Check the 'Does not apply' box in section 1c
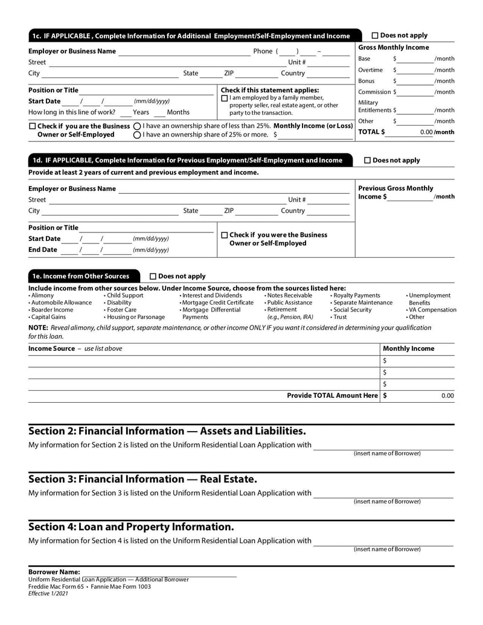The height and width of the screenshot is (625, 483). [375, 36]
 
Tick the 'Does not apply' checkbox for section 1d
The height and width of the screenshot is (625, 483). [368, 161]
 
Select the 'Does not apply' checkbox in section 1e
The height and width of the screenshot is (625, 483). [153, 277]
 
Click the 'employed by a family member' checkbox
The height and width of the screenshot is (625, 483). [225, 98]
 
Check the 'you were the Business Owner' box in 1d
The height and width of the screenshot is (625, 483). [225, 235]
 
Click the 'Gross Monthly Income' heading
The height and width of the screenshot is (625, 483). [394, 48]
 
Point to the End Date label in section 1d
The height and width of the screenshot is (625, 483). [43, 250]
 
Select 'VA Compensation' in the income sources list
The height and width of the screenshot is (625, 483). [432, 310]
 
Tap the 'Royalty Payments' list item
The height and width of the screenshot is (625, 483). [356, 295]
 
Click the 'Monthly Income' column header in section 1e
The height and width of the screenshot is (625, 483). [409, 348]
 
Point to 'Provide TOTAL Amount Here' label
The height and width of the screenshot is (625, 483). [332, 396]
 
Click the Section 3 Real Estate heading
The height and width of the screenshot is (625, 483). [142, 479]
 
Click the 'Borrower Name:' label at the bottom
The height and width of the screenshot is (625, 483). [54, 572]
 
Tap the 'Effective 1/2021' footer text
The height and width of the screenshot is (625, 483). [48, 594]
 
